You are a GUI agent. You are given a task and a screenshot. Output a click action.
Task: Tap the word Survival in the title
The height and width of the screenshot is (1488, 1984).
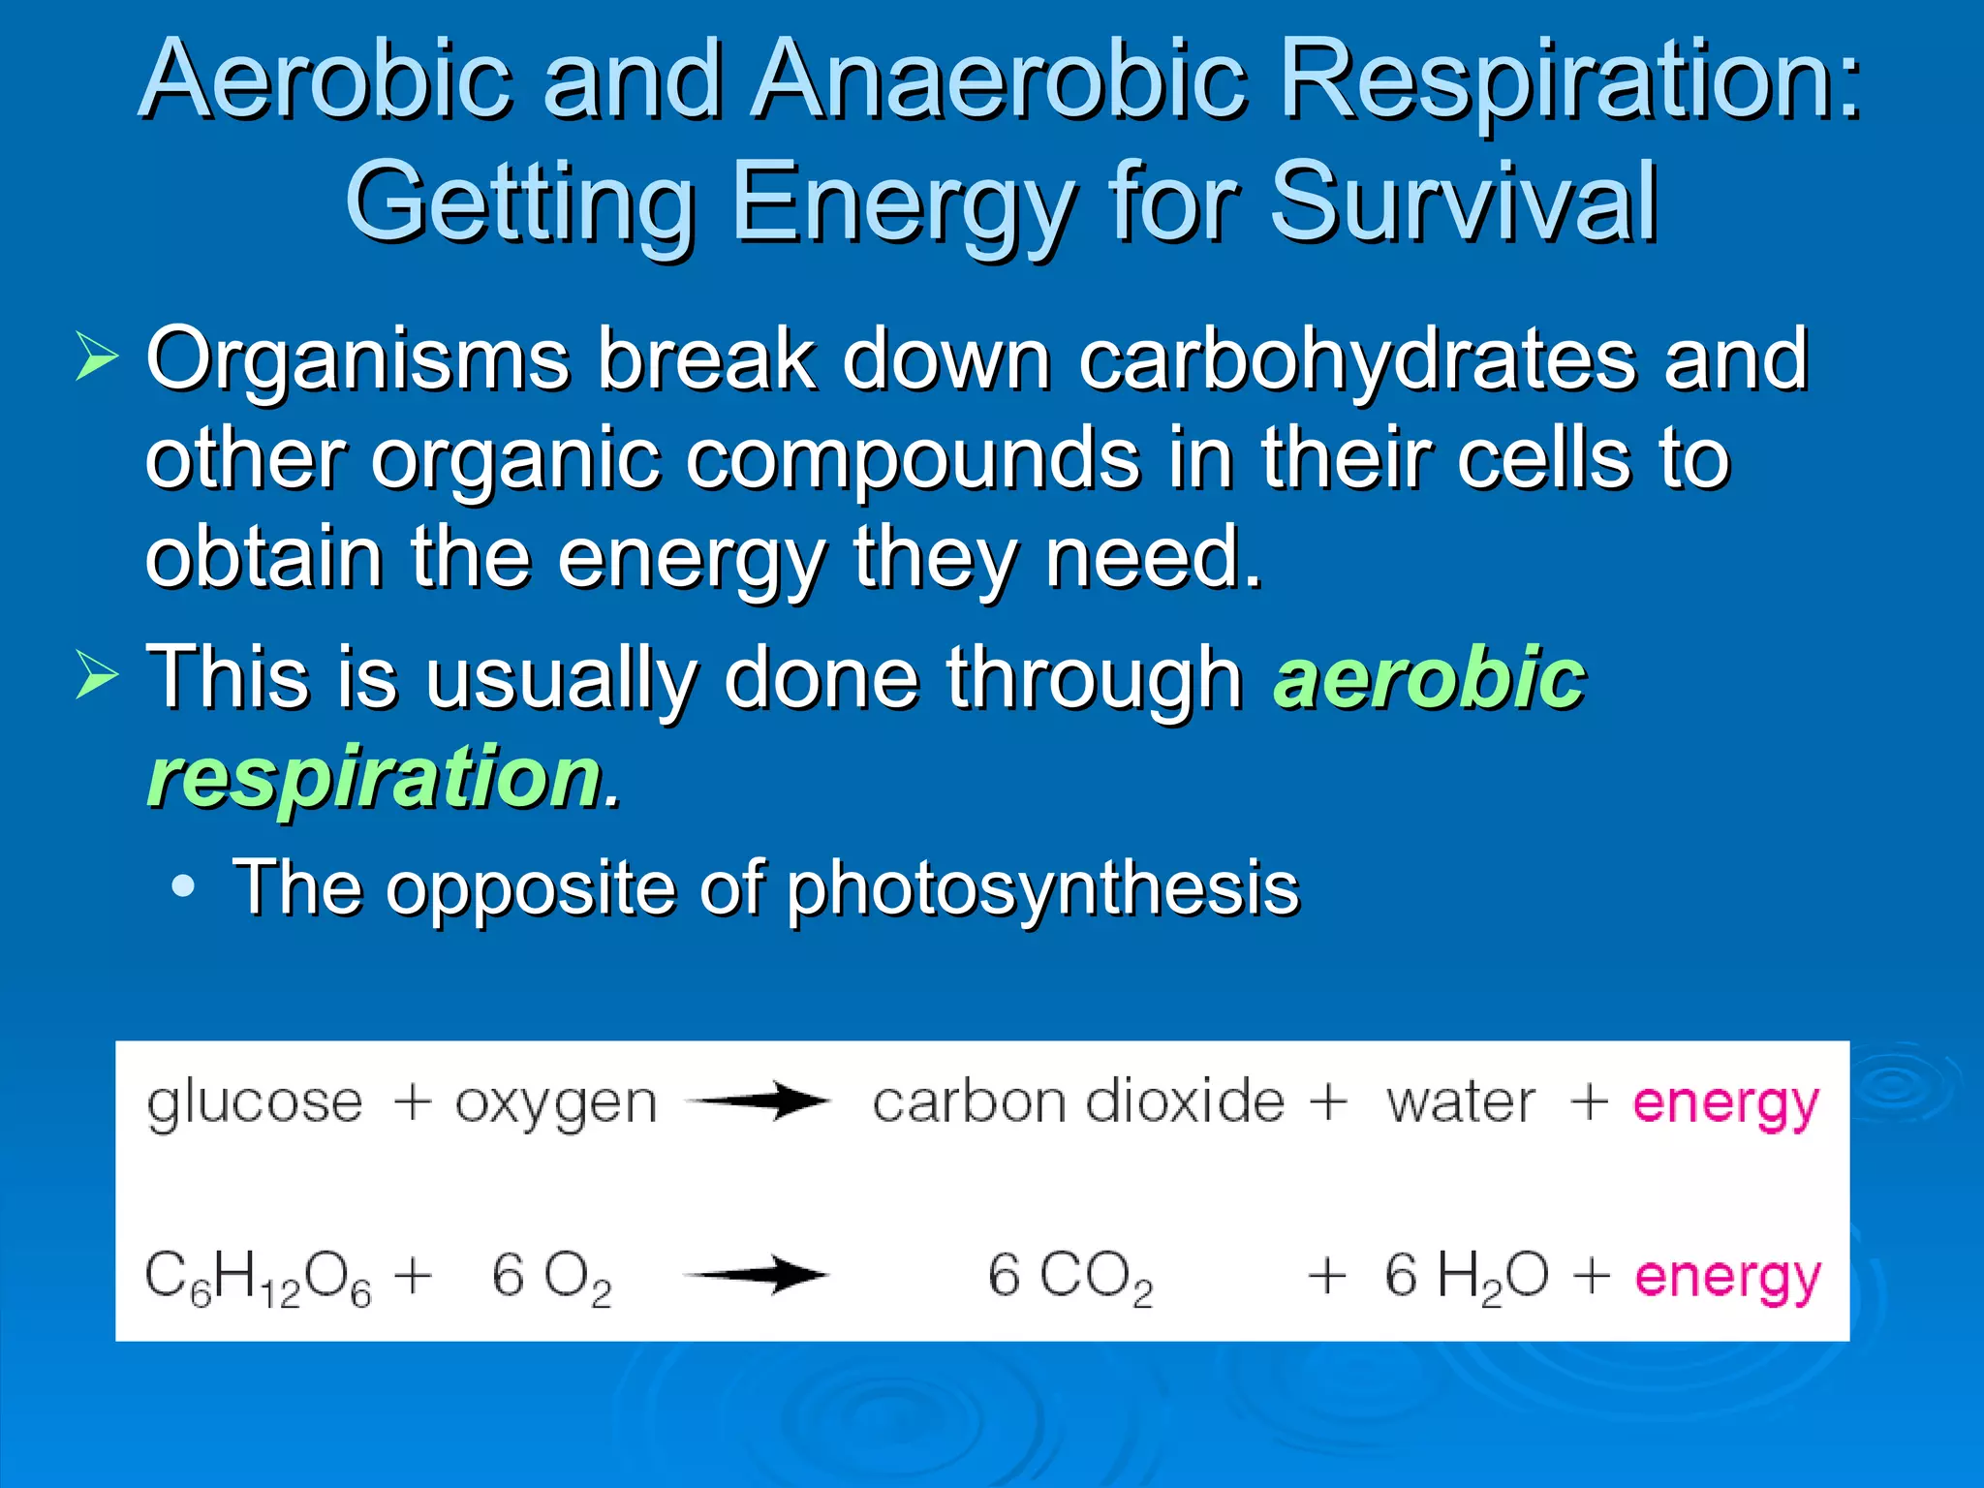(1463, 203)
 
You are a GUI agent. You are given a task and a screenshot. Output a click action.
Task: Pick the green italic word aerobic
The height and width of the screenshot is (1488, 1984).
(1429, 678)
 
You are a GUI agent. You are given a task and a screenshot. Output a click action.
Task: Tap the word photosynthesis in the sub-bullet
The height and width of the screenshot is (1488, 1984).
(1042, 887)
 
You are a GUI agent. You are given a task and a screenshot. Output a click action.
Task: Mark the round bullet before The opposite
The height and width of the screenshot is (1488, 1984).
(182, 885)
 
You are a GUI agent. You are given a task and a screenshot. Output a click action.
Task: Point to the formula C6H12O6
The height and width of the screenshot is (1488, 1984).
(258, 1277)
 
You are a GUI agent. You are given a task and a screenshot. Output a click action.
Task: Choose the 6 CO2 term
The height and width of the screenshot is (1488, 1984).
(1070, 1277)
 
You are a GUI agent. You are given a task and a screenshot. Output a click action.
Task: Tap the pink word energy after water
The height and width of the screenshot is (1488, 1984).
(1726, 1104)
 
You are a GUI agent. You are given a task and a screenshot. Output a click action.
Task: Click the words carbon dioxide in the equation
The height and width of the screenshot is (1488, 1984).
(1078, 1102)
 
